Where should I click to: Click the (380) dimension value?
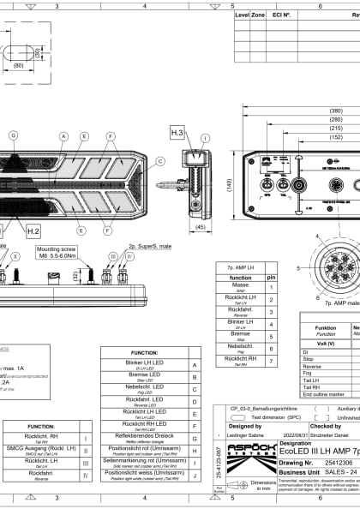335,111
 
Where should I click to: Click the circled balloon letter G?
13,135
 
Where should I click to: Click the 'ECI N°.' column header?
281,15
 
